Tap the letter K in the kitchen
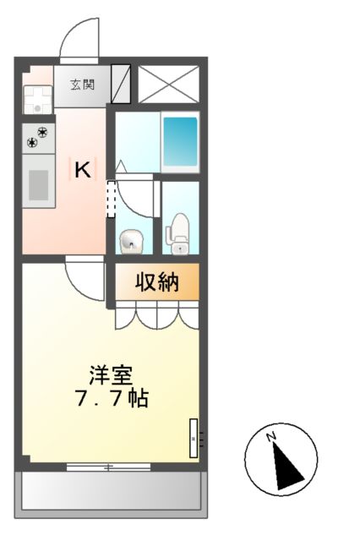pos(82,170)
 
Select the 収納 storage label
pos(158,282)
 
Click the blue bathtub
pos(179,140)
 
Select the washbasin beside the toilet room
pos(131,242)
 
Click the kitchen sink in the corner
pos(37,101)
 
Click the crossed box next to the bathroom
pos(167,83)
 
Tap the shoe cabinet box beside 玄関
pos(122,83)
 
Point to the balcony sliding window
pos(108,466)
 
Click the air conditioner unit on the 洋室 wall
pos(194,438)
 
